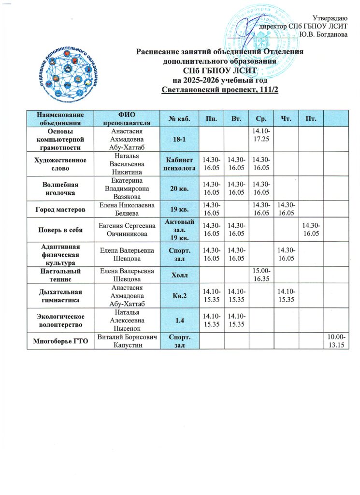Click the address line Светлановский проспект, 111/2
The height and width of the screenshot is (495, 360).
click(220, 91)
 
